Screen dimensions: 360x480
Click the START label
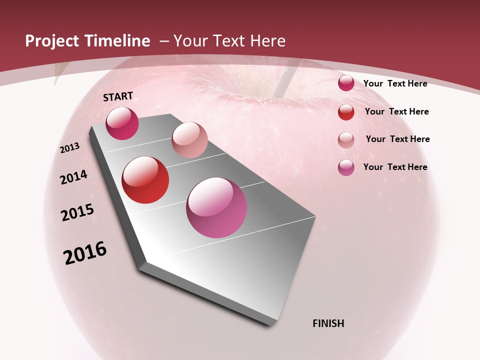tap(118, 96)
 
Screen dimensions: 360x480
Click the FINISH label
tap(328, 323)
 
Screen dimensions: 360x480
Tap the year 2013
tap(70, 148)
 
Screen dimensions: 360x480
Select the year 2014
tap(73, 177)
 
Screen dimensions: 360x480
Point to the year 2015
tap(77, 212)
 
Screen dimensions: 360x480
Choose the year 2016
tap(85, 253)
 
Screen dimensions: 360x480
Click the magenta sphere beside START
tap(122, 123)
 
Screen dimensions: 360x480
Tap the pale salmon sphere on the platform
tap(189, 140)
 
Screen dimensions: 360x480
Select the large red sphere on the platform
tap(145, 180)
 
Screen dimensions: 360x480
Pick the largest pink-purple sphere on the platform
tap(216, 207)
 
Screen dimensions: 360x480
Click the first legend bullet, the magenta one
tap(346, 83)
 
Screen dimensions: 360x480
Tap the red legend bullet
tap(346, 112)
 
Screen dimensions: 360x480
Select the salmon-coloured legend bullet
tap(346, 140)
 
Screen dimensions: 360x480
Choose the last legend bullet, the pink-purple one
tap(346, 167)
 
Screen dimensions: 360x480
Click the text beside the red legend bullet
tap(396, 111)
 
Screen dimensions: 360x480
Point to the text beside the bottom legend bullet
tap(395, 167)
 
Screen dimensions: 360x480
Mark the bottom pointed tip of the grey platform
tap(272, 324)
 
